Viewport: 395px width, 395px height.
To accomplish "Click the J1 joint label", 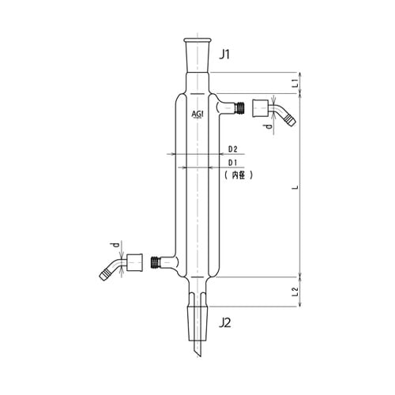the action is tap(224, 55).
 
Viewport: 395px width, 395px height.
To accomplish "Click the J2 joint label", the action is tap(225, 322).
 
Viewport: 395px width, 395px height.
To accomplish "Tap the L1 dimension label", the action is tap(296, 83).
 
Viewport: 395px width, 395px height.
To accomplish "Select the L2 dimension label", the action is tap(295, 292).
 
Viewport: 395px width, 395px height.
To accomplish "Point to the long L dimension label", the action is tap(296, 187).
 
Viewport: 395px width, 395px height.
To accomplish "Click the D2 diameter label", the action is tap(232, 149).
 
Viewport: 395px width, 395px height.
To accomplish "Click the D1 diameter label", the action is tap(232, 163).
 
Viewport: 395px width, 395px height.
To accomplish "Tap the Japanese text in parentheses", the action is tap(239, 175).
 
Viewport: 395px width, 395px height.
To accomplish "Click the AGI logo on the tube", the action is tap(197, 115).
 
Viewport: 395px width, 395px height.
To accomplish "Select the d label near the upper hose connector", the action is tap(268, 126).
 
